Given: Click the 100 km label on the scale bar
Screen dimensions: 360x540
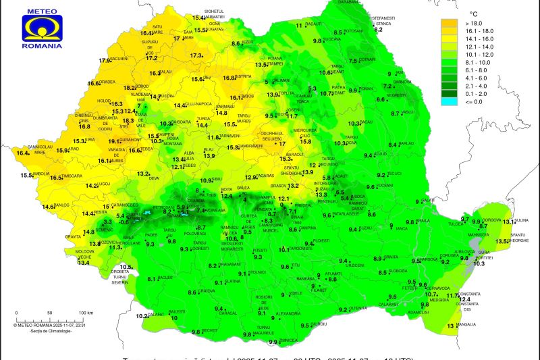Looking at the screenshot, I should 85,313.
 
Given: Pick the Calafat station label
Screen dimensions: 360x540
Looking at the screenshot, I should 156,314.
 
